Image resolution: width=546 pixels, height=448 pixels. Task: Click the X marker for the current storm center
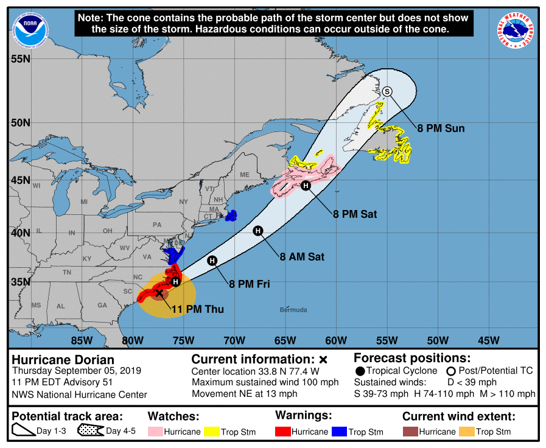coord(159,293)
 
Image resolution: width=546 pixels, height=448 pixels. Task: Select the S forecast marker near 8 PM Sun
coord(388,91)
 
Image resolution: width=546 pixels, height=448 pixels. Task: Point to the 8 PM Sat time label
coord(355,214)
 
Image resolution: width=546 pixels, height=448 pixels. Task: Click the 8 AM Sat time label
coord(302,257)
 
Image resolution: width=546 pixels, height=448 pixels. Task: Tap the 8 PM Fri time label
coord(250,284)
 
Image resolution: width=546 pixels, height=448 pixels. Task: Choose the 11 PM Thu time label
coord(197,310)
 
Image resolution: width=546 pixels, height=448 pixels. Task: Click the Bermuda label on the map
coord(293,310)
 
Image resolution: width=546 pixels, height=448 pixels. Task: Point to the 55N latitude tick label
coord(21,58)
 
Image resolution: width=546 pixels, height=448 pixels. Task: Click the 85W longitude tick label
coord(82,340)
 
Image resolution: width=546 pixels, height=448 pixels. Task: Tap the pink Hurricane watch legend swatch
coord(157,432)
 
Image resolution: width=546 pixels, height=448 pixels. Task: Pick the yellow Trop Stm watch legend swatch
coord(212,432)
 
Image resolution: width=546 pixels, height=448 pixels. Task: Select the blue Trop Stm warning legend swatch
coord(340,432)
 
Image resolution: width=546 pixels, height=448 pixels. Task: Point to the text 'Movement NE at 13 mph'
coord(245,394)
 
